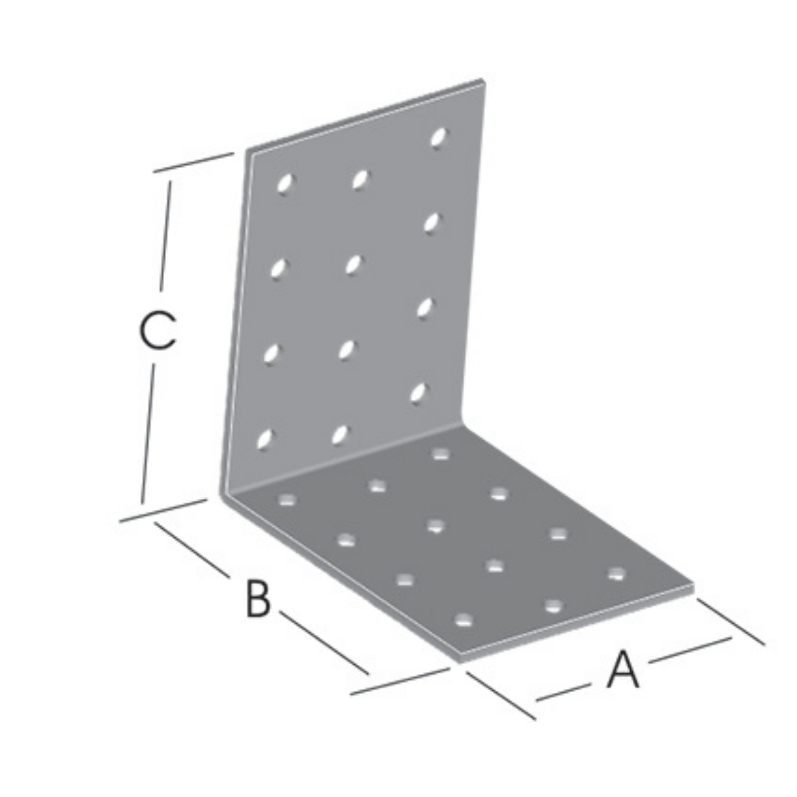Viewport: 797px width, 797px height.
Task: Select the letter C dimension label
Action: coord(157,331)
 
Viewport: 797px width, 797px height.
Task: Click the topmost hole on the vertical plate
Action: coord(438,137)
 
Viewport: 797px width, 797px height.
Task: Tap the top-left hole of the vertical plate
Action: coord(285,183)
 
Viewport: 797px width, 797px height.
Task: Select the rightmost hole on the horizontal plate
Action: coord(616,574)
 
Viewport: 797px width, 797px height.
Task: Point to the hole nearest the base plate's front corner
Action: coord(464,631)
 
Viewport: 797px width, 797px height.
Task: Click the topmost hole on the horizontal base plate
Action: coord(440,454)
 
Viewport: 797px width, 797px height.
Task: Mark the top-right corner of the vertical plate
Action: coord(482,80)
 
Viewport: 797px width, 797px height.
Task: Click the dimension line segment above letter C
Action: coord(165,236)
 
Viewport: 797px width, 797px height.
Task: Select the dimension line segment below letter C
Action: coord(149,434)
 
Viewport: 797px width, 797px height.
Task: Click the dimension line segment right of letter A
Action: coord(690,652)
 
